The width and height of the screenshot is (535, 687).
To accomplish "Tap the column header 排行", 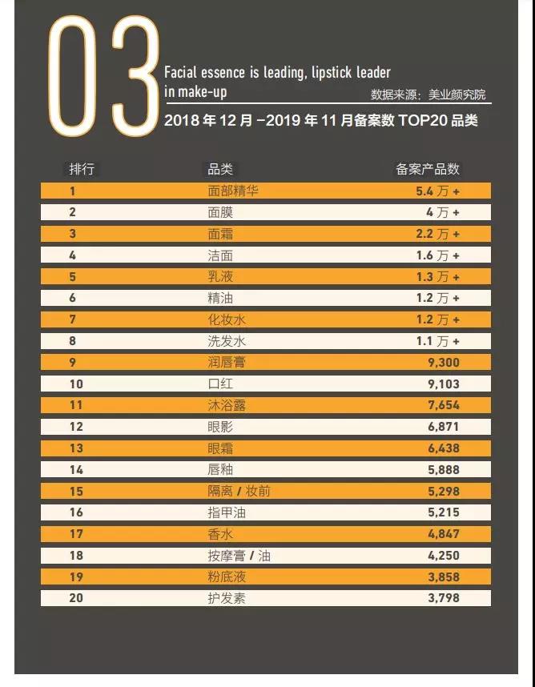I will pyautogui.click(x=82, y=169).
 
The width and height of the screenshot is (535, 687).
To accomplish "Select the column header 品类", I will pyautogui.click(x=220, y=169).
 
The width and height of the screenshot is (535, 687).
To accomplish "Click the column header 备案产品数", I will pyautogui.click(x=428, y=169).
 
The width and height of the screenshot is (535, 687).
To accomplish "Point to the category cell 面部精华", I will pyautogui.click(x=233, y=191).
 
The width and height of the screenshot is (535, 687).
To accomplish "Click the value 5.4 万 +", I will pyautogui.click(x=437, y=191).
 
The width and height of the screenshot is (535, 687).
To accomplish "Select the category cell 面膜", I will pyautogui.click(x=220, y=212).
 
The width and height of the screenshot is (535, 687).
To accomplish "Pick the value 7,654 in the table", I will pyautogui.click(x=444, y=405).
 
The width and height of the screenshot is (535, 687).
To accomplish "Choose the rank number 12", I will pyautogui.click(x=76, y=427).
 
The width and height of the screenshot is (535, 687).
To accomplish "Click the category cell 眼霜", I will pyautogui.click(x=220, y=448).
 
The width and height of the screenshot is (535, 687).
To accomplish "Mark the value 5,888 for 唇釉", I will pyautogui.click(x=444, y=470).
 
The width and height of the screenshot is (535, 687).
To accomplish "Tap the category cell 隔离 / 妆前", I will pyautogui.click(x=239, y=491).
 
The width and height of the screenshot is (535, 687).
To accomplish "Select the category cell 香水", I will pyautogui.click(x=220, y=534).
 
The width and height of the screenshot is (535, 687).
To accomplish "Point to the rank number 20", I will pyautogui.click(x=76, y=598).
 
